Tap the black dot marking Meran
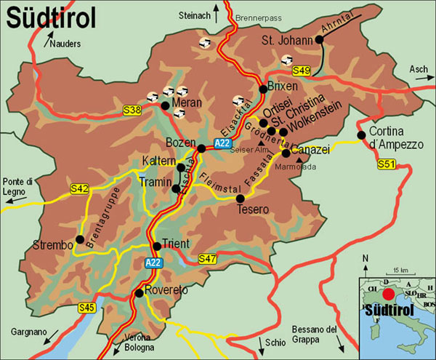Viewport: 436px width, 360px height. click(x=166, y=105)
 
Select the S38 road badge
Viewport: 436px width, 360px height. click(x=132, y=110)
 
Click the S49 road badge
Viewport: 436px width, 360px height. click(x=302, y=71)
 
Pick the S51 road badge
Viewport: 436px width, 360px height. click(x=387, y=166)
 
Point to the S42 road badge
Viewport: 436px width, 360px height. click(x=79, y=189)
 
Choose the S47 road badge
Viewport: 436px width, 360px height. click(x=207, y=258)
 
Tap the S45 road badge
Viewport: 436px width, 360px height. click(x=86, y=308)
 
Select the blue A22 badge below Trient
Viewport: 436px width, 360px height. click(x=153, y=263)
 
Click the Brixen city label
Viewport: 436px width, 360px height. click(x=283, y=86)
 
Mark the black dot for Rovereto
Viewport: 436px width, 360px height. click(x=139, y=293)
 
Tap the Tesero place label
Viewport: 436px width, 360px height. click(x=253, y=209)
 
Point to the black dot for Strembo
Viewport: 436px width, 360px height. click(x=79, y=239)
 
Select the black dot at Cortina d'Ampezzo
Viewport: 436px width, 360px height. click(x=360, y=135)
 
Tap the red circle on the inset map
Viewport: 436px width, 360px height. click(x=389, y=295)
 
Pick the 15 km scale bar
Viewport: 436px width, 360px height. click(x=397, y=275)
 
